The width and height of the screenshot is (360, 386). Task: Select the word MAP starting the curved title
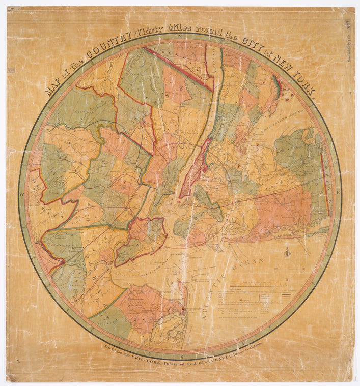click(x=52, y=87)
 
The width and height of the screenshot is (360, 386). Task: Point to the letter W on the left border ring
click(x=22, y=194)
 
